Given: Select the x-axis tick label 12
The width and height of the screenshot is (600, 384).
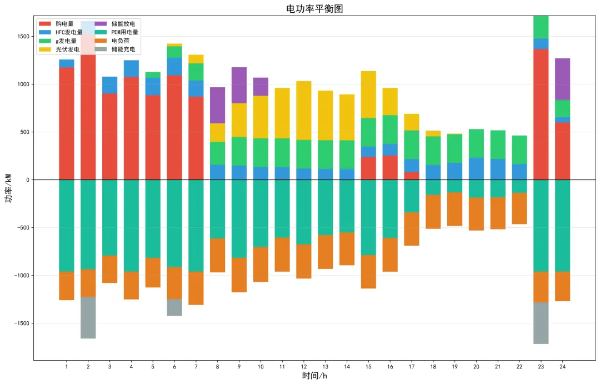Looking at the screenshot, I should tap(303, 367).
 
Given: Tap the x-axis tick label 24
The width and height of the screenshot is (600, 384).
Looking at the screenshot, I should tap(562, 367).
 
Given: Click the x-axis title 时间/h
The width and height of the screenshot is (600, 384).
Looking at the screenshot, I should tap(314, 376).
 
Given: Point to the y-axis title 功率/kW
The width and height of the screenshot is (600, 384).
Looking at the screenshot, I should tap(9, 188).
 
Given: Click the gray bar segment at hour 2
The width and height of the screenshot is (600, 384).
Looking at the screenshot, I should tap(88, 317).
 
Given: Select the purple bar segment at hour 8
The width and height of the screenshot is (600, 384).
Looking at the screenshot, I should tap(217, 105).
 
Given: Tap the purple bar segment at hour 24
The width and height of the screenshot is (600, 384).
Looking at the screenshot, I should tap(562, 79).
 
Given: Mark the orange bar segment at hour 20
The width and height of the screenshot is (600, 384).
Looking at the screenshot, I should tap(476, 214).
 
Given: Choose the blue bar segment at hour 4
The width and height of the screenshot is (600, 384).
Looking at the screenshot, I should tap(131, 68).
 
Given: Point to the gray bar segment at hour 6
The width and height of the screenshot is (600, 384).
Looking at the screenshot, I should tap(174, 307).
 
